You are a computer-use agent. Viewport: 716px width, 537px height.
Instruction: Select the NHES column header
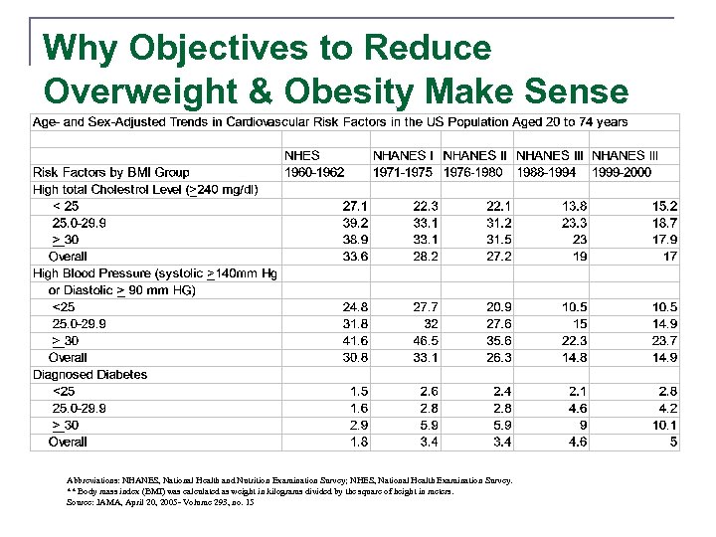[x=302, y=156]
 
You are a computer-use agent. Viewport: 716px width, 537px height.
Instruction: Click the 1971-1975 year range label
[x=403, y=172]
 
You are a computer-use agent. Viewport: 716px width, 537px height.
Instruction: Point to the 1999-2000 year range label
[x=622, y=172]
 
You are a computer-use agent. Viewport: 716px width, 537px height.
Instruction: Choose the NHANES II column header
[x=475, y=156]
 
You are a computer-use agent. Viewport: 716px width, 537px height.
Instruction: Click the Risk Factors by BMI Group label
[x=111, y=172]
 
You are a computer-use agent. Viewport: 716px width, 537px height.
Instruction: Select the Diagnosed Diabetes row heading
[x=90, y=375]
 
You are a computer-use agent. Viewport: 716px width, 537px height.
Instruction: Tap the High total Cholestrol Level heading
[x=146, y=189]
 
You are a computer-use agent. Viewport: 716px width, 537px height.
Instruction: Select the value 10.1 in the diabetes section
[x=663, y=426]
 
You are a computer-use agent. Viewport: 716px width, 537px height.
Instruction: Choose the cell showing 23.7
[x=663, y=340]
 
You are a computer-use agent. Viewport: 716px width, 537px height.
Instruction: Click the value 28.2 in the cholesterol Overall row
[x=425, y=257]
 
